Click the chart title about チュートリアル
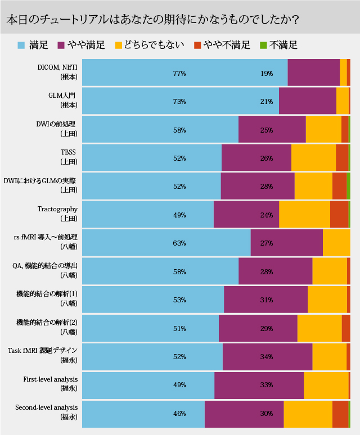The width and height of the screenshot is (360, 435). coord(152,19)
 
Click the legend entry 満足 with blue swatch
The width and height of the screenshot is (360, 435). coord(33,45)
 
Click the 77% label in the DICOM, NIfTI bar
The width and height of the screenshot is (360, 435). coord(179,73)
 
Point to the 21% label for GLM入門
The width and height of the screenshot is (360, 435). coord(267,102)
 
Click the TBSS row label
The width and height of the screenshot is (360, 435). coord(68,156)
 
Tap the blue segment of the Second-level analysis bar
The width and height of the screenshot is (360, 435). coord(143,414)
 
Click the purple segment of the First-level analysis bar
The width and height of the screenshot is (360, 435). coord(259,385)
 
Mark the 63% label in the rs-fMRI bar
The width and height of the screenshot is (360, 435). coord(179,243)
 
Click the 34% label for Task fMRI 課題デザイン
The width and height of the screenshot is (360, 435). coord(267,356)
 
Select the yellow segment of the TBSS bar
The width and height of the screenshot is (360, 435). coord(313,158)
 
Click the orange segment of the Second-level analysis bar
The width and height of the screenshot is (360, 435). coord(340,414)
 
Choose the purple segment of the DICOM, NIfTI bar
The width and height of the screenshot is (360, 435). coord(313,73)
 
